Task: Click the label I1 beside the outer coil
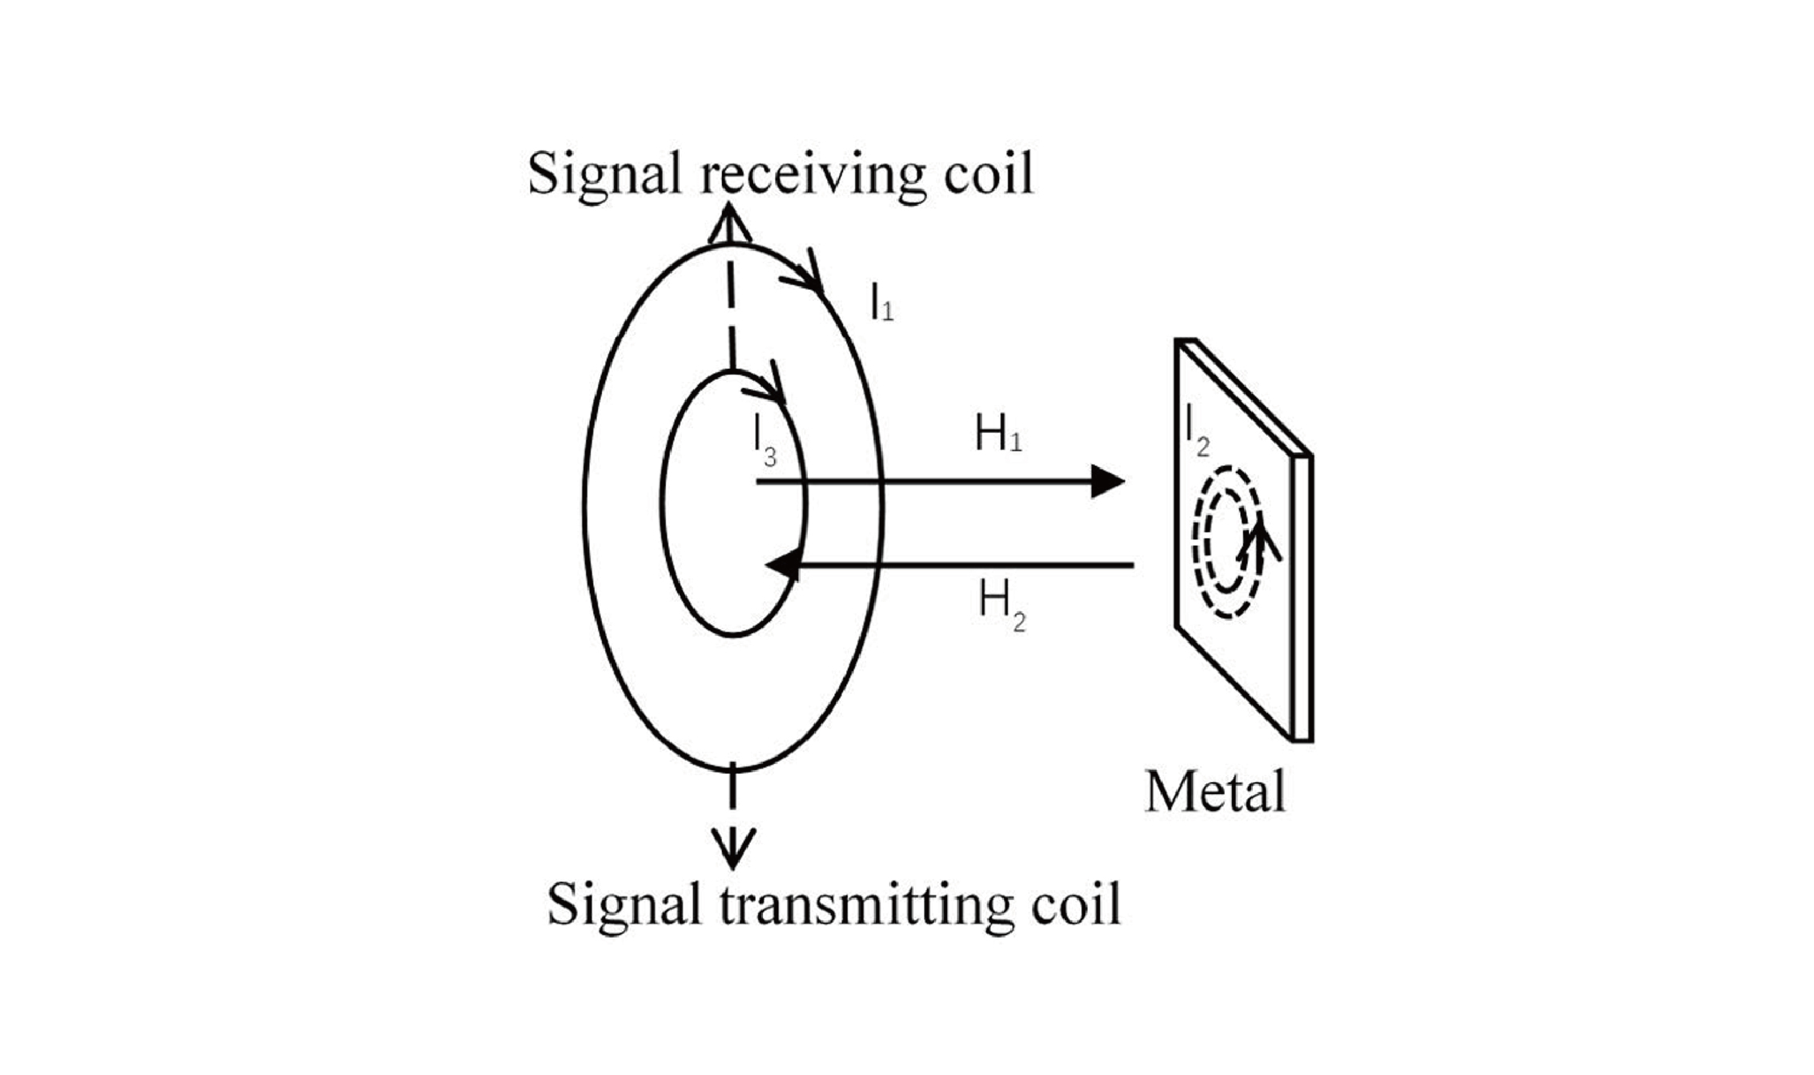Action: point(882,303)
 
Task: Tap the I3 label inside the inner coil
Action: point(765,442)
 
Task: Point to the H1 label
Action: point(998,435)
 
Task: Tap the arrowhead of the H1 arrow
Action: point(1109,482)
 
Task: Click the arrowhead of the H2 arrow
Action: point(784,565)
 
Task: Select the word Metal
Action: point(1215,792)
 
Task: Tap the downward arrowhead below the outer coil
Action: point(732,851)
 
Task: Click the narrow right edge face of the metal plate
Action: point(1302,599)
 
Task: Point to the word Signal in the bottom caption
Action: point(624,905)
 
